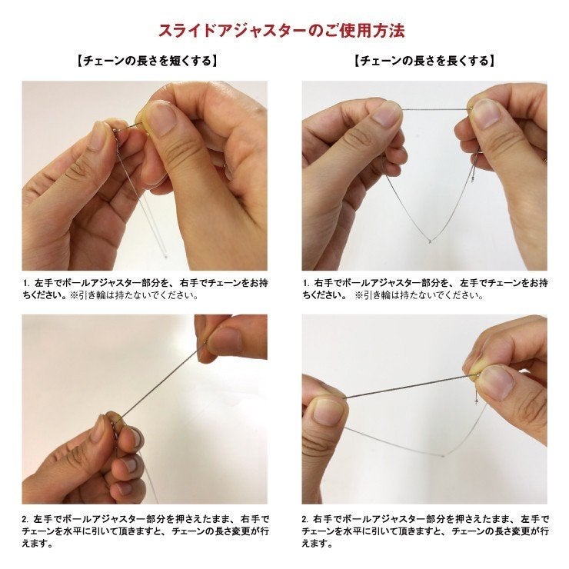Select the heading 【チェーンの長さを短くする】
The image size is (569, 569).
coord(146,61)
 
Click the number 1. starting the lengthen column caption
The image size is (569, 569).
coord(306,283)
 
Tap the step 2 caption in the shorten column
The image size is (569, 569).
coord(146,531)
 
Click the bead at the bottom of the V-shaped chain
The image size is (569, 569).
coord(428,241)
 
